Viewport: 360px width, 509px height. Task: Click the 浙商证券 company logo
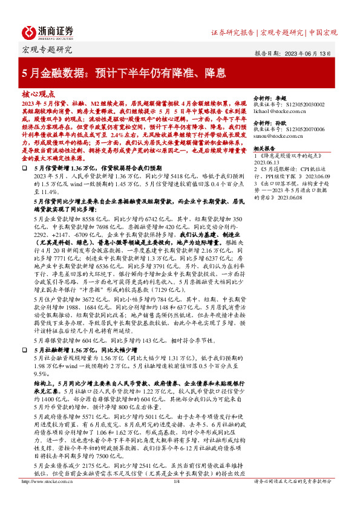coord(49,31)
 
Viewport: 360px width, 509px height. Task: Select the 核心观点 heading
coord(38,94)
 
